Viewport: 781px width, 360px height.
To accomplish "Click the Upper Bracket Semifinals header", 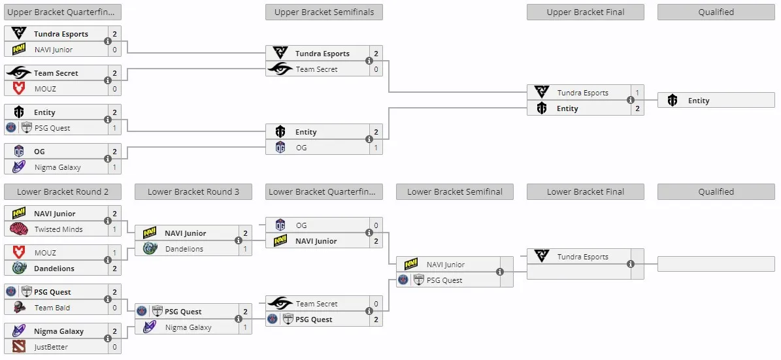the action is (x=324, y=12).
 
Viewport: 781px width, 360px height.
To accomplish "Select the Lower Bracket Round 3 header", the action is (x=193, y=191).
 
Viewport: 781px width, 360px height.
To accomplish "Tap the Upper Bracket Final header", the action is (x=585, y=12).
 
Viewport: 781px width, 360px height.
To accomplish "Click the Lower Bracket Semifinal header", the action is (x=455, y=191).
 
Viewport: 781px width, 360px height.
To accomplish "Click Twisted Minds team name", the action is (x=58, y=229).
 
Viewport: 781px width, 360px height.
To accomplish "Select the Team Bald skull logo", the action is (x=19, y=308).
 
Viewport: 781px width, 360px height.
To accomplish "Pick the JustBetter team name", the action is (x=51, y=347).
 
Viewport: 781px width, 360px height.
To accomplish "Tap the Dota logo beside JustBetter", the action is (x=19, y=347).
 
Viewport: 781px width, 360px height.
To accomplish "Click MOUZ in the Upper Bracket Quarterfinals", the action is (x=45, y=89).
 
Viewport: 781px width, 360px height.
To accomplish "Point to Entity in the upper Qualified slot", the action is (x=698, y=101).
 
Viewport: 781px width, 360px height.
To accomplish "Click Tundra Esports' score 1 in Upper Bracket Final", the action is (x=637, y=93).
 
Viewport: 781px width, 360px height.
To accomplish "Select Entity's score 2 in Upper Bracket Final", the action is (x=637, y=108).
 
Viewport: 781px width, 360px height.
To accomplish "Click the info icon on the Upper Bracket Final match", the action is (x=631, y=100).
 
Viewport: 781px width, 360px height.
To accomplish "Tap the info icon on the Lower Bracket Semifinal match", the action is (x=500, y=272).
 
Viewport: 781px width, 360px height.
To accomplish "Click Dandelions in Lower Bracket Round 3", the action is (x=184, y=249).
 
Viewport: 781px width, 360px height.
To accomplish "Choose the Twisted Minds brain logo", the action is (x=19, y=229).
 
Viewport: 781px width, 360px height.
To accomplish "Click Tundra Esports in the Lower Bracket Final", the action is (x=583, y=257).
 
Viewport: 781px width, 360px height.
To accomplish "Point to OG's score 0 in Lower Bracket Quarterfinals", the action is (x=376, y=225).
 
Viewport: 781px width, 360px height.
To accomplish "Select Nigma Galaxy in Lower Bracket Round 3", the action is (x=188, y=327).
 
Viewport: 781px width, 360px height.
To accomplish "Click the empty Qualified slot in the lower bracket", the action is (x=716, y=264).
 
